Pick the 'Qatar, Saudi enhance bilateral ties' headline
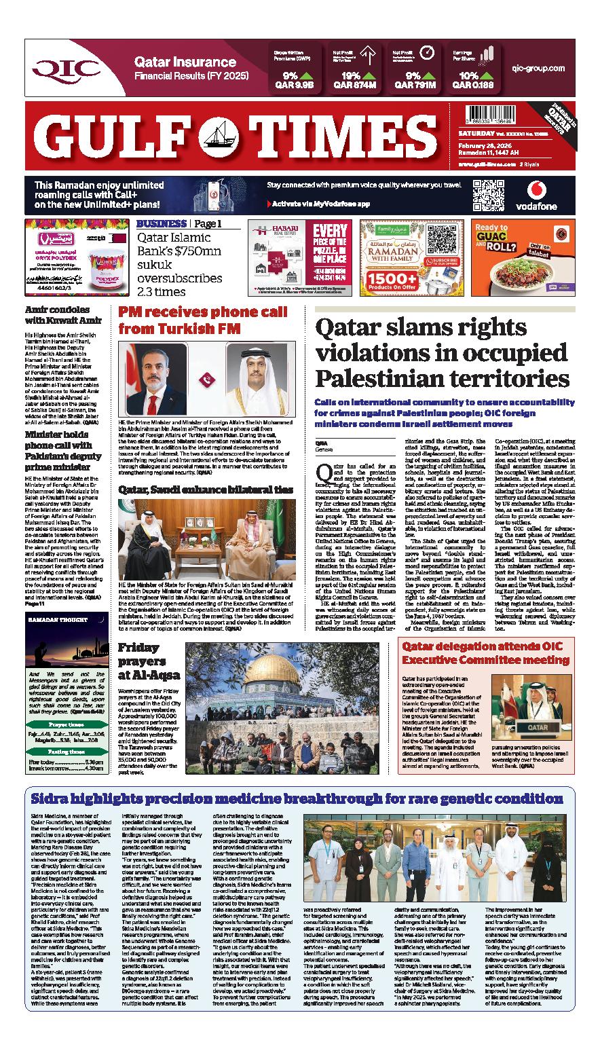pos(206,490)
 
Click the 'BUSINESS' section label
pos(161,224)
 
